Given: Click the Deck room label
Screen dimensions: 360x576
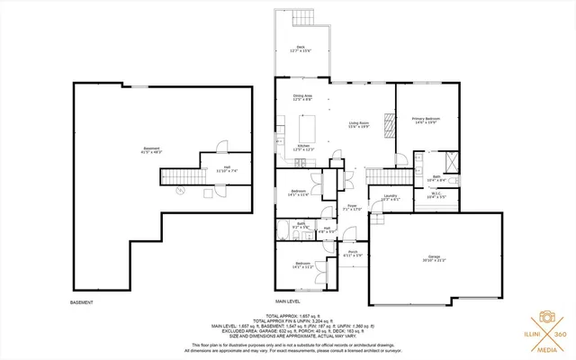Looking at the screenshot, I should click(301, 49).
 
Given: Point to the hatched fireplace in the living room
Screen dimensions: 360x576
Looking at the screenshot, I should click(390, 123).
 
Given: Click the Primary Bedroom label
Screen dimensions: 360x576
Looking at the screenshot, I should click(424, 120).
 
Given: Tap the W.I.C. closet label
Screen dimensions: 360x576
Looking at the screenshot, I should click(436, 194).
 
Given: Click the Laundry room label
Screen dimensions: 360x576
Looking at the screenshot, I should click(391, 197).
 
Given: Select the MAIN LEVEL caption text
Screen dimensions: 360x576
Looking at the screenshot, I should click(288, 301).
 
